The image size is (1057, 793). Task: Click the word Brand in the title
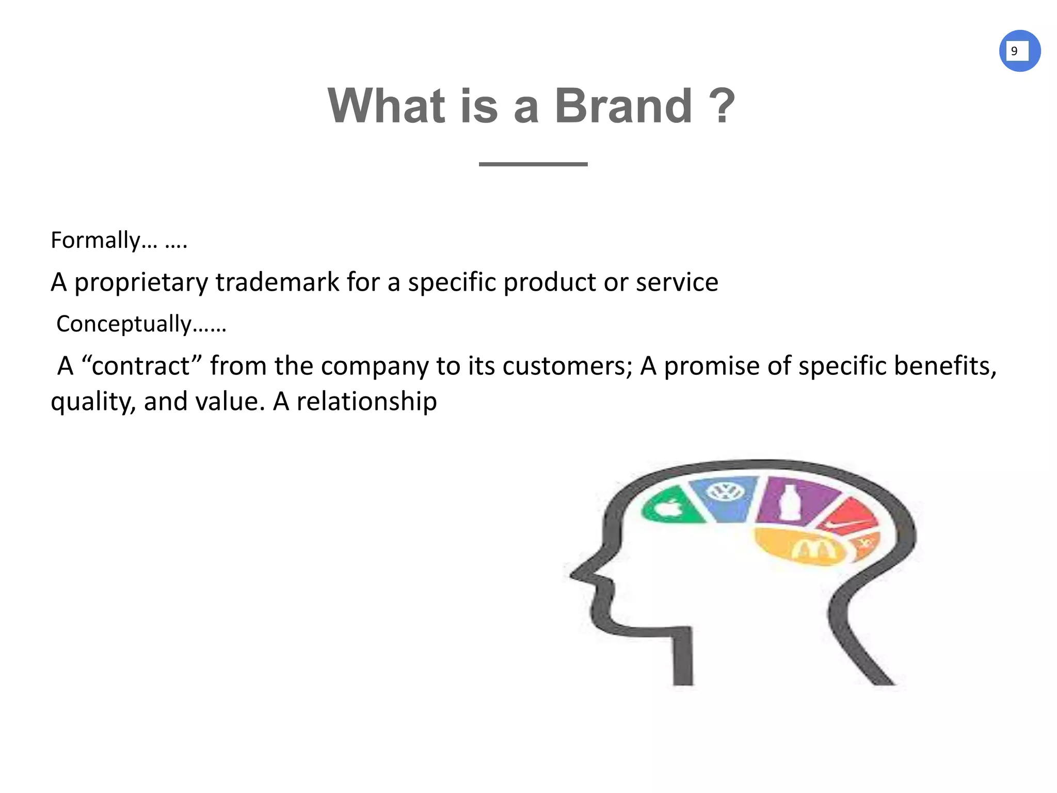pyautogui.click(x=623, y=106)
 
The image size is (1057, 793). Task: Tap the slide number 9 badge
pyautogui.click(x=1019, y=51)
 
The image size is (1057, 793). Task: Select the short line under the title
pyautogui.click(x=533, y=164)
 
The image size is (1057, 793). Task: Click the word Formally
pyautogui.click(x=95, y=240)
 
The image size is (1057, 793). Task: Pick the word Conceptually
pyautogui.click(x=124, y=324)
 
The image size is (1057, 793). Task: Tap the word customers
pyautogui.click(x=567, y=366)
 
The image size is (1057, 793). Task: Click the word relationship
pyautogui.click(x=366, y=402)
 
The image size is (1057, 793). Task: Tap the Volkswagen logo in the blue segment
pyautogui.click(x=725, y=491)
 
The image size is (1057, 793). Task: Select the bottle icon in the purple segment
pyautogui.click(x=788, y=501)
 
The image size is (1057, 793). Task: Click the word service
pyautogui.click(x=677, y=282)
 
